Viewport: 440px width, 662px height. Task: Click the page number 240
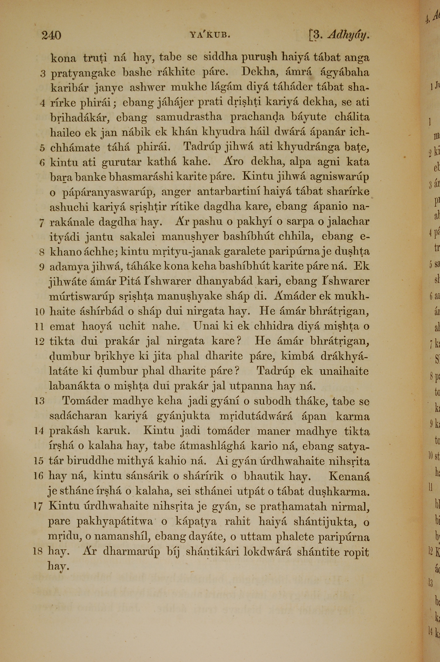click(51, 36)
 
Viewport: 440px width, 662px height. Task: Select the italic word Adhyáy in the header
click(348, 36)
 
